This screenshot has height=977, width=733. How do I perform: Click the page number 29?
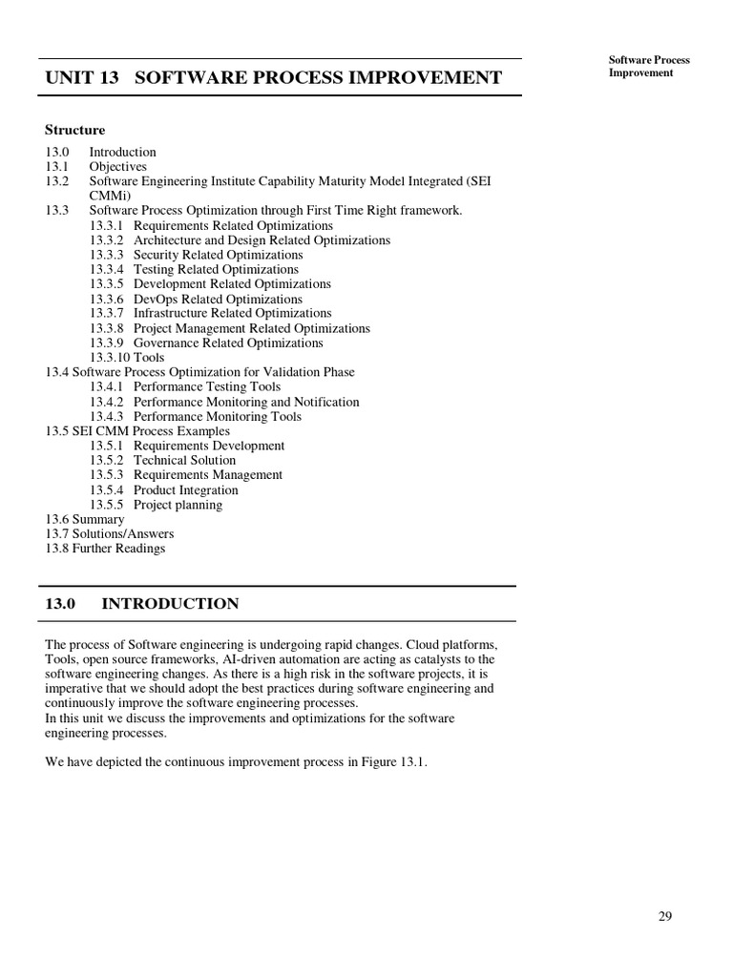[x=665, y=917]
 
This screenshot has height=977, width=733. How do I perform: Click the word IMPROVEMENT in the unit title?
[x=426, y=77]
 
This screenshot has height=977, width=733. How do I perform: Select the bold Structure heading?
[x=75, y=130]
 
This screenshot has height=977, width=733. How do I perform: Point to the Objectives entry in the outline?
[x=117, y=167]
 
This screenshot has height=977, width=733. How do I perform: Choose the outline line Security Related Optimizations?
[x=218, y=255]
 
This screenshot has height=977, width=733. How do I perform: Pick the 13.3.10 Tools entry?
[x=127, y=358]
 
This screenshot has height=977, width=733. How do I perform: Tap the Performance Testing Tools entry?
[x=207, y=386]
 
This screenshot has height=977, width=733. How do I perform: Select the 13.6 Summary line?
[x=85, y=519]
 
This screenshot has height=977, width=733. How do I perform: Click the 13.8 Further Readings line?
[x=105, y=549]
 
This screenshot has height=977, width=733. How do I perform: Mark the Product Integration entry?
[x=186, y=489]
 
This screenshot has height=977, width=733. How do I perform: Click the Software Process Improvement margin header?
[x=649, y=67]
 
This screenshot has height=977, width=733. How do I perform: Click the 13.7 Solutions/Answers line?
[x=110, y=533]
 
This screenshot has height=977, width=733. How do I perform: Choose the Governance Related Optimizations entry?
[x=228, y=343]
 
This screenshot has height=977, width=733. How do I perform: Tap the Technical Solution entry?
[x=184, y=460]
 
